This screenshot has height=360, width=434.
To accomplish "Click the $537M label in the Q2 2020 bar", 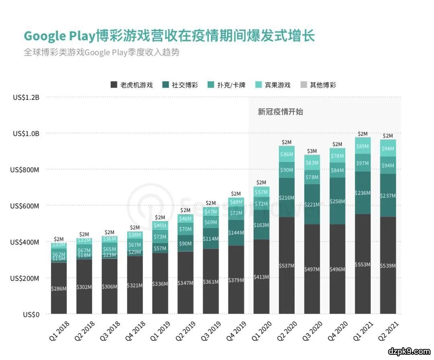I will point(287,266).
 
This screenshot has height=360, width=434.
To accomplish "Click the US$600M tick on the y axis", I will point(25,206).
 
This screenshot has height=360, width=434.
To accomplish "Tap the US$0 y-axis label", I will point(31,315).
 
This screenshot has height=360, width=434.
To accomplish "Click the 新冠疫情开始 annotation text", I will point(280,112).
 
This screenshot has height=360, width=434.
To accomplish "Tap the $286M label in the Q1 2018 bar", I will point(59,288).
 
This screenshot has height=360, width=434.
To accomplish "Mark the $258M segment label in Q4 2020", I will point(337,200).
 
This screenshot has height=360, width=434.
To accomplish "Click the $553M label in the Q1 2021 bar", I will point(363,265).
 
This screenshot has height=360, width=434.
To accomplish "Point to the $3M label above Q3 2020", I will point(312,151).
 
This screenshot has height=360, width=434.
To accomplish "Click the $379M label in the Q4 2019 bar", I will point(236,280).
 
